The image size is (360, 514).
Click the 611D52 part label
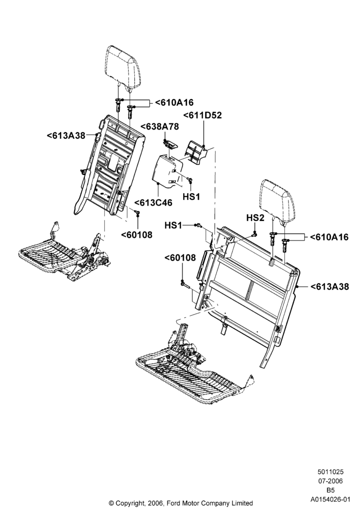(202, 115)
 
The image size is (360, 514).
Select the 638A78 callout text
(160, 126)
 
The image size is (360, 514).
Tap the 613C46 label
(153, 203)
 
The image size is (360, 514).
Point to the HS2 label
(255, 218)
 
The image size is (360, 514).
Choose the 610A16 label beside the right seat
(329, 237)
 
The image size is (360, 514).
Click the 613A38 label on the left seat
(66, 135)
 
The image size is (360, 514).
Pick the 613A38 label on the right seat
(330, 287)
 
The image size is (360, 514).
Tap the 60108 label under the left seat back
(137, 235)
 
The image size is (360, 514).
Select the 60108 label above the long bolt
(180, 258)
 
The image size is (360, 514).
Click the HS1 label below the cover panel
(191, 197)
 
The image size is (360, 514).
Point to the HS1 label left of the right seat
(173, 225)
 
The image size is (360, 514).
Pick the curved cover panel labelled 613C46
(168, 171)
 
